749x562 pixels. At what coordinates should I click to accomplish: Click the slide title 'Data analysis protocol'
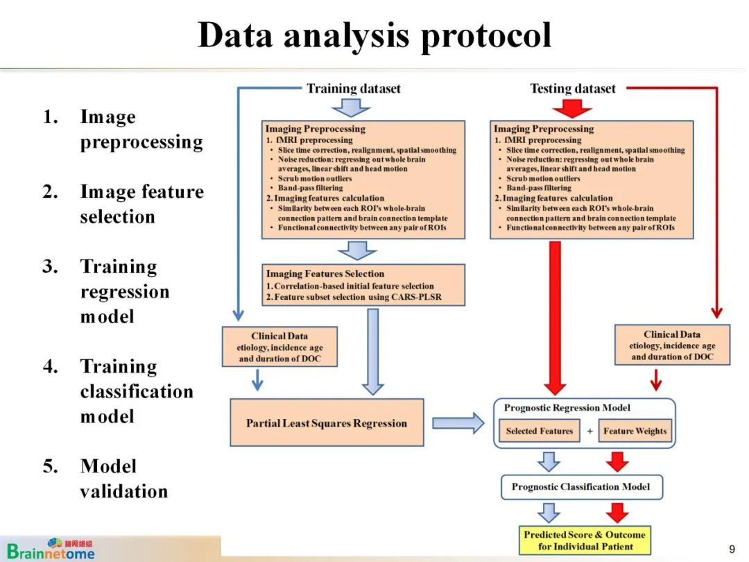coord(374,35)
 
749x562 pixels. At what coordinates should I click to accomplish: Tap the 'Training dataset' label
coord(354,88)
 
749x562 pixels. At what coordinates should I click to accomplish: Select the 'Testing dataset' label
coord(573,88)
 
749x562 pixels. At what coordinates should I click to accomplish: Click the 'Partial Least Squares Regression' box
coord(327,423)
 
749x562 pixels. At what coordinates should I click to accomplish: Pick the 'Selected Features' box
coord(540,431)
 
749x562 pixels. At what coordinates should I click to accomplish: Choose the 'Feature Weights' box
coord(635,431)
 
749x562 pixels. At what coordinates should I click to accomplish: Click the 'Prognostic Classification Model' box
coord(581,487)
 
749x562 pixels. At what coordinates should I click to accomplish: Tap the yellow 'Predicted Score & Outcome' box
coord(585,540)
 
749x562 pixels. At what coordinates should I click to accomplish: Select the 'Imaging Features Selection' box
coord(363,285)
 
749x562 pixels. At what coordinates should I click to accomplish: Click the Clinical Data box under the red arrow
coord(672,345)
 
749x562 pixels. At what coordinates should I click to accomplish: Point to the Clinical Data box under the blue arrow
coord(279,347)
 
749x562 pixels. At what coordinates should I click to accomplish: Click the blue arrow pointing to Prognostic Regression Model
coord(458,423)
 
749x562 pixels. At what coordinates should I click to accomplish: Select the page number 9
coord(732,549)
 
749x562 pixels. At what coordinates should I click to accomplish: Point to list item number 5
coord(50,466)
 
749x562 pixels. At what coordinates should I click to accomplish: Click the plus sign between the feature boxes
coord(590,431)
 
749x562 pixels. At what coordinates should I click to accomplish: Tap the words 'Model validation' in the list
coord(123,479)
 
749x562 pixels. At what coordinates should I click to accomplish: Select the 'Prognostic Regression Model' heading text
coord(567,408)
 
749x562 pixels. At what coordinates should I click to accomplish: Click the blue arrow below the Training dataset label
coord(351,108)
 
